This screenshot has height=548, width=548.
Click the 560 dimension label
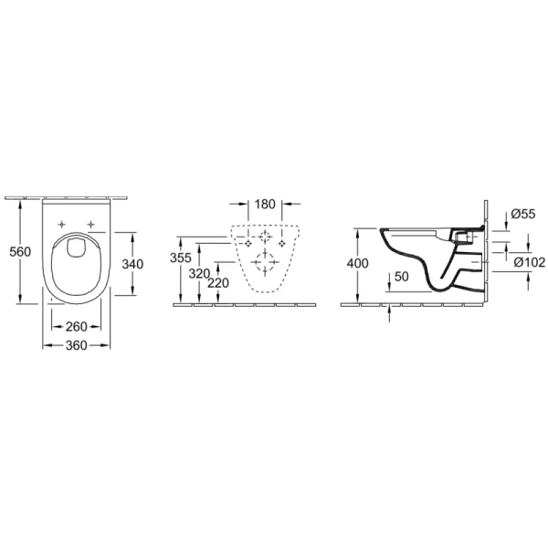pos(20,252)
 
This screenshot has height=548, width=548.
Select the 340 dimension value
pos(132,264)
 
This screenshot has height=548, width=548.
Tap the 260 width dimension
pos(76,327)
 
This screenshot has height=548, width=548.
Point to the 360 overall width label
pos(76,345)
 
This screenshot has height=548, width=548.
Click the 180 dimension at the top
pos(265,204)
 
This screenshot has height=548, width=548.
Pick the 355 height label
pos(181,258)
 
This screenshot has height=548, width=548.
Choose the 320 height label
pos(199,274)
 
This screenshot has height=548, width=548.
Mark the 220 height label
pos(218,283)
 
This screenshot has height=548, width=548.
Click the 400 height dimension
pos(357,263)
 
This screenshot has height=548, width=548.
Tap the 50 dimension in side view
pos(402,277)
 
